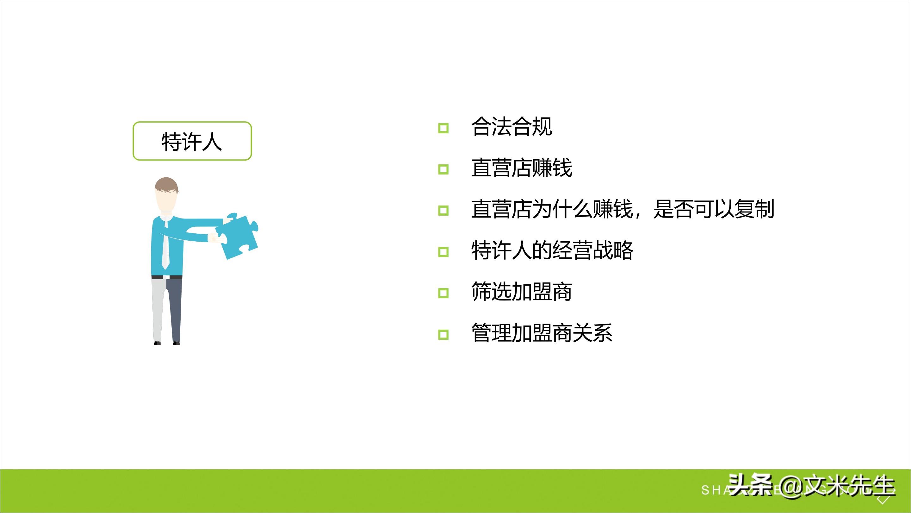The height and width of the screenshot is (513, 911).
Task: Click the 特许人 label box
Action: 192,141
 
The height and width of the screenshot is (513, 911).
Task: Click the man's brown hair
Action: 166,184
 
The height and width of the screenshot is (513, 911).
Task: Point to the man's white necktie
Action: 165,244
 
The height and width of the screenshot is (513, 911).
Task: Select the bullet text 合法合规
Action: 511,127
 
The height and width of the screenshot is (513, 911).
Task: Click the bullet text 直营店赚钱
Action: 521,168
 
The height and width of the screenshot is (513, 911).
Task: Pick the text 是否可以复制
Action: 714,209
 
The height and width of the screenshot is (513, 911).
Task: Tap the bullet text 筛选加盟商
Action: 521,292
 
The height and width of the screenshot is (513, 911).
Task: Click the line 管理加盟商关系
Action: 542,333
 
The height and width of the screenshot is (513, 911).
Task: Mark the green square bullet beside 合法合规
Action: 443,128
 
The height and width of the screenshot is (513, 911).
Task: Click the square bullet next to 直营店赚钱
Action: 443,169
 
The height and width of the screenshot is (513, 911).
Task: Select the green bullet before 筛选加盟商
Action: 443,293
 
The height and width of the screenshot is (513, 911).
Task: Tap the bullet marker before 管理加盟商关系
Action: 443,335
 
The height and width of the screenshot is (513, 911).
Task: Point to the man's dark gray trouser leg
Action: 175,308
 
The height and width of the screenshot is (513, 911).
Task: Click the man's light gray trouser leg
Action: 158,308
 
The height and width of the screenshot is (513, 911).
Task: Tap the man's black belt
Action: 167,277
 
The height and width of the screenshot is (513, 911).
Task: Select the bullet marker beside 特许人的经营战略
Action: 443,252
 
